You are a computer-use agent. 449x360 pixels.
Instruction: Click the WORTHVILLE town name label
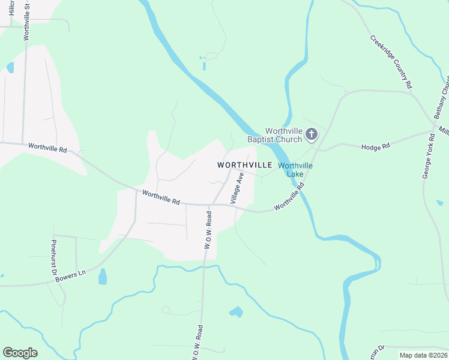[x=244, y=164]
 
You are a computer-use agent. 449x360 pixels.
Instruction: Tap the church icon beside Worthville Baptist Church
[x=311, y=134]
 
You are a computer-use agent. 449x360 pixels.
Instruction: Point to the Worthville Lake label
[x=295, y=169]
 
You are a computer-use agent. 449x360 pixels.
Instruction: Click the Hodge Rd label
[x=375, y=146]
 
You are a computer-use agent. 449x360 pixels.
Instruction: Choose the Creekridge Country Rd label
[x=391, y=62]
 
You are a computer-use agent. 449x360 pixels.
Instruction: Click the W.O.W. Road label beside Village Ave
[x=208, y=230]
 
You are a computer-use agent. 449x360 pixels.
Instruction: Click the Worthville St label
[x=26, y=20]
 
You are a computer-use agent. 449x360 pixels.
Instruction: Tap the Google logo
[x=20, y=353]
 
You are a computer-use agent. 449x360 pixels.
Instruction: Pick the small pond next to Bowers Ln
[x=103, y=276]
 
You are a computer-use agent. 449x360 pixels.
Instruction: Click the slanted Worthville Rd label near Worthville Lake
[x=290, y=196]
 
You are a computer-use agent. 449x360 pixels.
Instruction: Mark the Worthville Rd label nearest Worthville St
[x=47, y=147]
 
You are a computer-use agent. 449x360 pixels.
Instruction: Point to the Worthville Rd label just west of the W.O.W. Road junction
[x=160, y=197]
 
